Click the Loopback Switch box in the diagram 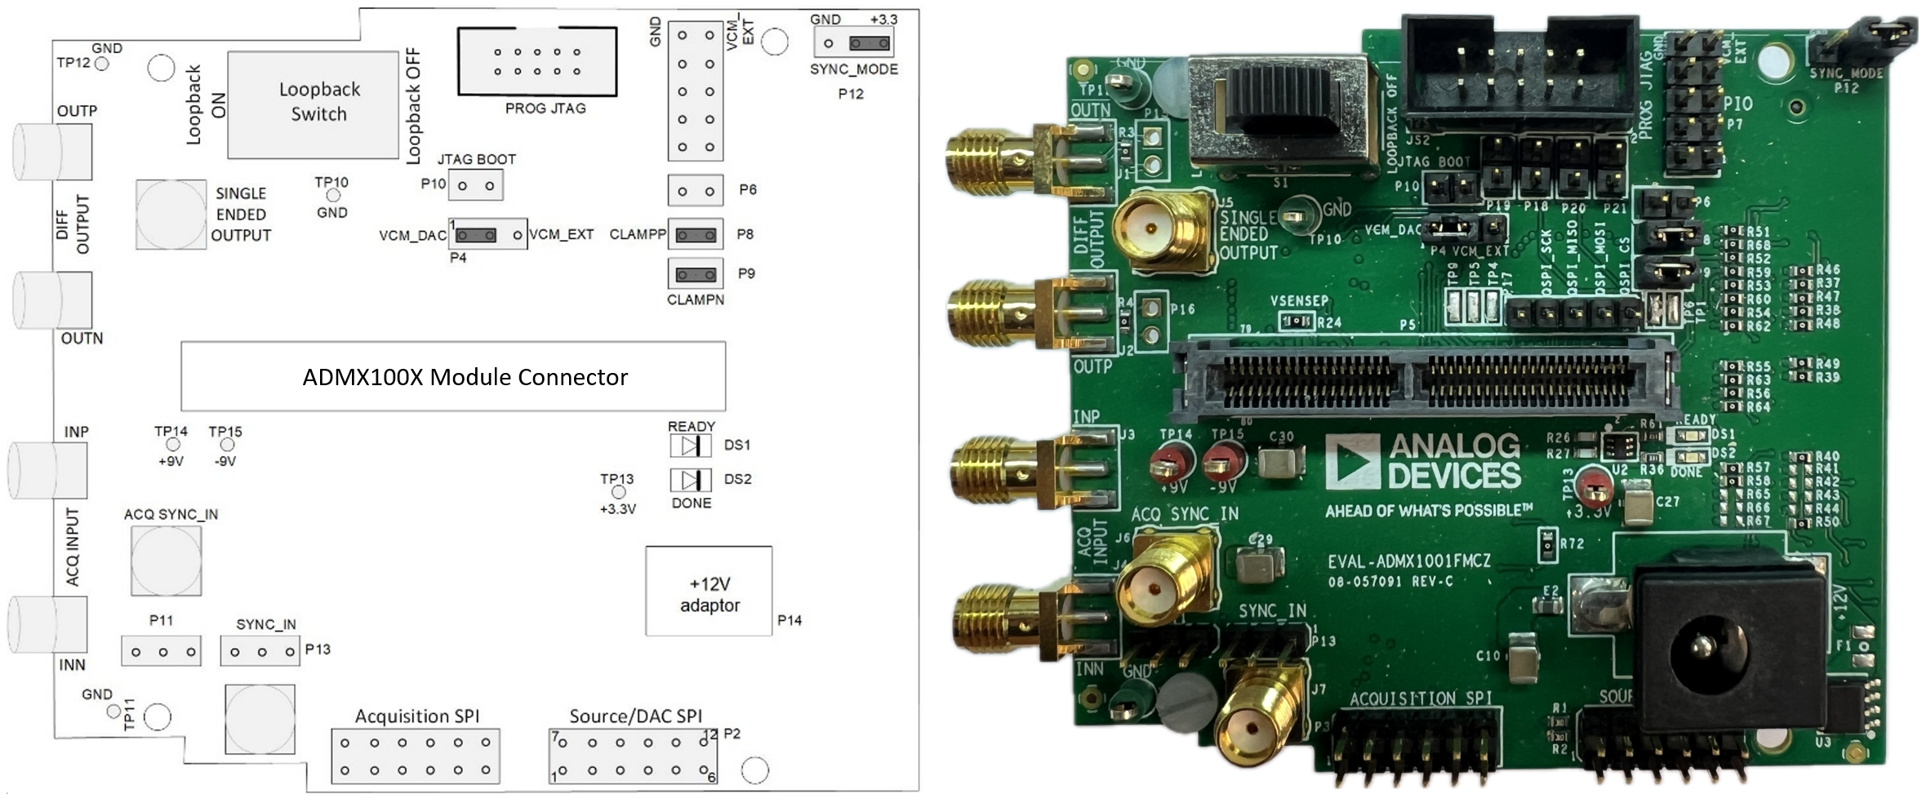pyautogui.click(x=313, y=104)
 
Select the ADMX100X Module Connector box pyautogui.click(x=453, y=376)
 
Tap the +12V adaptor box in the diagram pyautogui.click(x=709, y=591)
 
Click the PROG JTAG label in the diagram pyautogui.click(x=545, y=108)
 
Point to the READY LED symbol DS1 pyautogui.click(x=690, y=445)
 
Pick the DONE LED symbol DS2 pyautogui.click(x=690, y=480)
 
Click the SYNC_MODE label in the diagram pyautogui.click(x=853, y=69)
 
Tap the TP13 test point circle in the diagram pyautogui.click(x=618, y=492)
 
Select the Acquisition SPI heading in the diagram pyautogui.click(x=416, y=716)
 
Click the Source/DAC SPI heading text pyautogui.click(x=635, y=716)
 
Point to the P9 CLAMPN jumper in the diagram pyautogui.click(x=696, y=274)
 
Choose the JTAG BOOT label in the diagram pyautogui.click(x=476, y=159)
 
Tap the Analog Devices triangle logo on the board pyautogui.click(x=1354, y=461)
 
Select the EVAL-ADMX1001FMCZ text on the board pyautogui.click(x=1409, y=561)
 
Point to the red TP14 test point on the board pyautogui.click(x=1171, y=463)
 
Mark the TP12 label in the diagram pyautogui.click(x=73, y=63)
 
